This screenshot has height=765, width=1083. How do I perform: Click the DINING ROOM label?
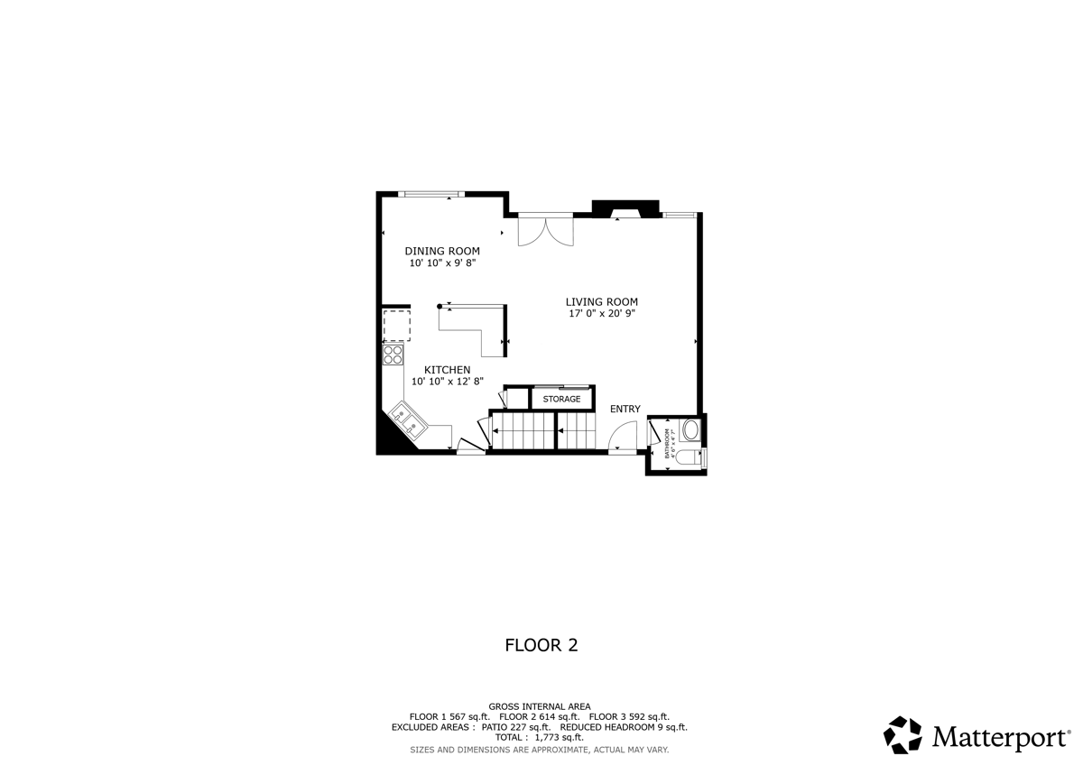441,251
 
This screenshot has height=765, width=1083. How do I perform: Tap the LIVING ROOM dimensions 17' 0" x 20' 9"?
601,314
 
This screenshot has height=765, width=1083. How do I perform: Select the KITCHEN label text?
447,370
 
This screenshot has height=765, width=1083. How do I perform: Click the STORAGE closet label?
561,399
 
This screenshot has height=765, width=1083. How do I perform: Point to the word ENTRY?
625,409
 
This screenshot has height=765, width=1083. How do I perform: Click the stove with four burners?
393,355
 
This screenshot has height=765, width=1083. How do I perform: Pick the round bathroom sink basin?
691,429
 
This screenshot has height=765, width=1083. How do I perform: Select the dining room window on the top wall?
431,193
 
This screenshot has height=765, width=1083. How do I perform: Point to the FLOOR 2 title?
541,645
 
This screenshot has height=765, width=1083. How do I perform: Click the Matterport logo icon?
902,734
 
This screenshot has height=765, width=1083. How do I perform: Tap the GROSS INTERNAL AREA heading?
540,706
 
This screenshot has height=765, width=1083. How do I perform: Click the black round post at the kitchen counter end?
440,306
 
